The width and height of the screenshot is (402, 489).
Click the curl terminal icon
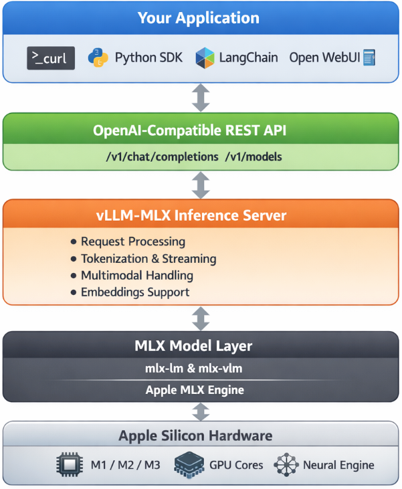point(51,58)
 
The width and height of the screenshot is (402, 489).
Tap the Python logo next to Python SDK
point(98,58)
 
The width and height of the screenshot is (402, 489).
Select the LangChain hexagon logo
point(205,58)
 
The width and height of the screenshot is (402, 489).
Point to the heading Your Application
point(201,18)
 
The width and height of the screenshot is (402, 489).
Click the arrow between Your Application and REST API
point(201,98)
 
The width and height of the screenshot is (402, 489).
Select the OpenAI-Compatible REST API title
point(201,130)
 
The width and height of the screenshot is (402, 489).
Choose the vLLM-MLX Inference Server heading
point(201,215)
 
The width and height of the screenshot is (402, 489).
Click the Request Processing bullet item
point(132,241)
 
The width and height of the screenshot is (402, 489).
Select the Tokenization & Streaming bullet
point(148,258)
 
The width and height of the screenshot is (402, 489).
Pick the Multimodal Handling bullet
point(136,275)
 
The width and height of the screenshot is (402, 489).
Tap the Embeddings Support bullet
point(134,292)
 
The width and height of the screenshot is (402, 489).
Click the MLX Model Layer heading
point(201,347)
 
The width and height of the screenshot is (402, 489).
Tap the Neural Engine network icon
point(286,465)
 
